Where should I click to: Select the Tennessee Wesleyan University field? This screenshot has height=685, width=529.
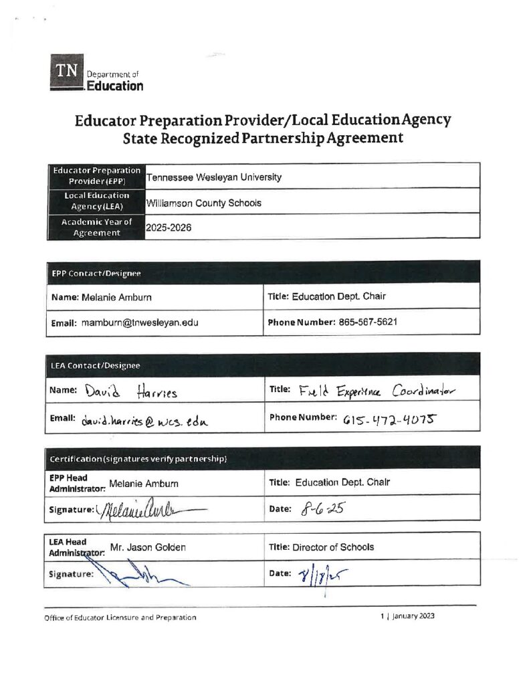tap(214, 177)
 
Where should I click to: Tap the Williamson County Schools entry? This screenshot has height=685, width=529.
tap(203, 203)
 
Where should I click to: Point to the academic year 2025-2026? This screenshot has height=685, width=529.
tap(169, 227)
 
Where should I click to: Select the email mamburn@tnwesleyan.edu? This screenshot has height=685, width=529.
tap(140, 322)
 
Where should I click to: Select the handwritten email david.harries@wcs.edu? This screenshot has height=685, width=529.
tap(145, 420)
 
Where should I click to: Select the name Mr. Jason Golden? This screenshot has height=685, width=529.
tap(147, 547)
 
